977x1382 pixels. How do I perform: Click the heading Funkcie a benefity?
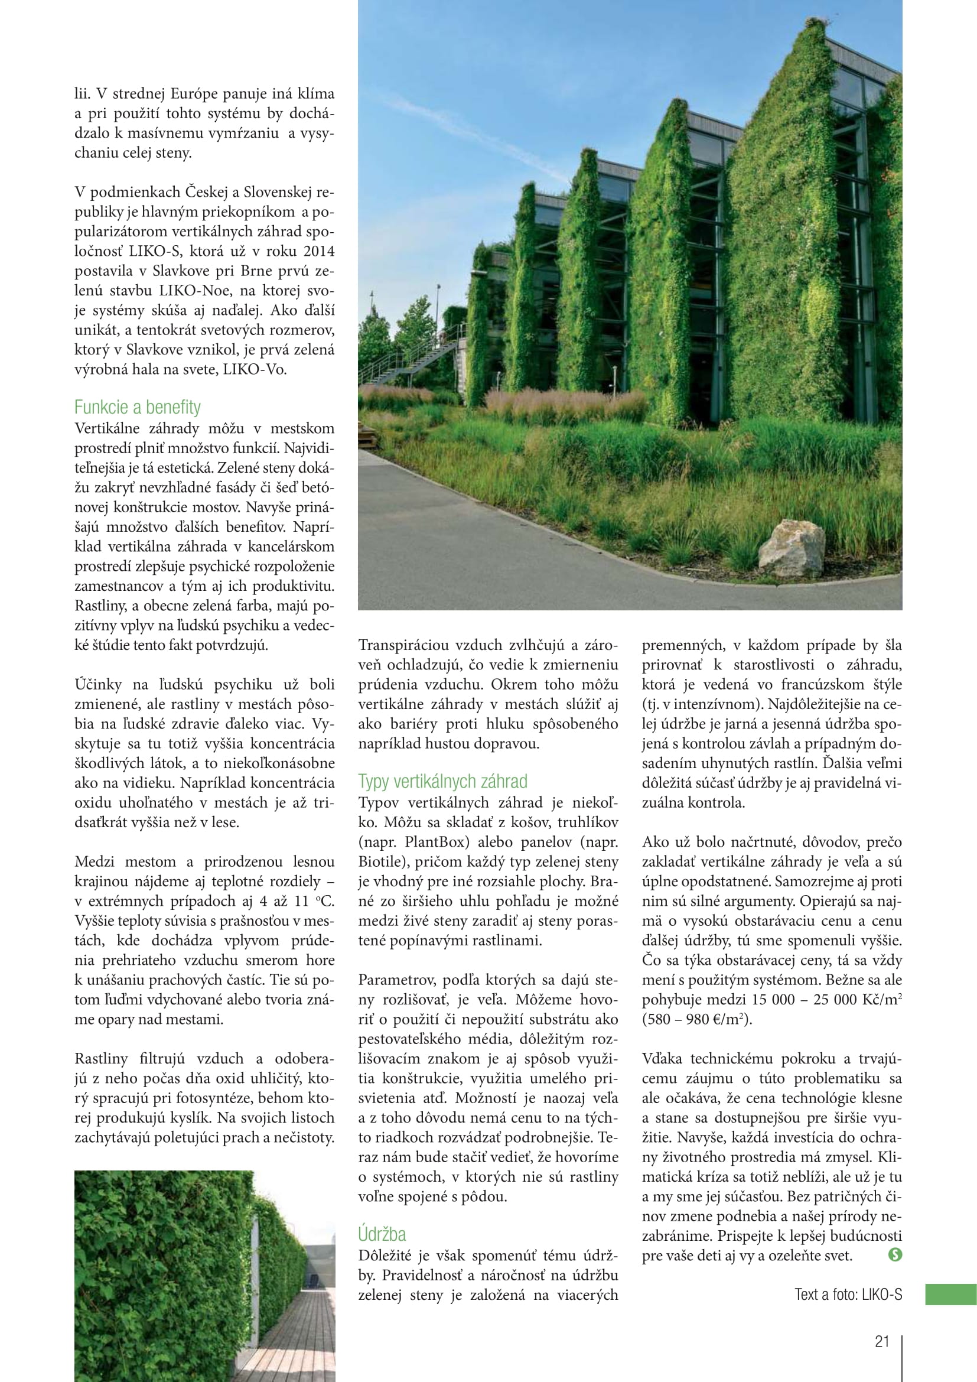pyautogui.click(x=137, y=408)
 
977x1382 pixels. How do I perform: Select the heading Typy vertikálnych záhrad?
pyautogui.click(x=443, y=781)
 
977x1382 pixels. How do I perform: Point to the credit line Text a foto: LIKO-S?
pyautogui.click(x=848, y=1294)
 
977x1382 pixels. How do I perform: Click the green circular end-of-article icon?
pyautogui.click(x=895, y=1254)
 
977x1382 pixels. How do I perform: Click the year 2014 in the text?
pyautogui.click(x=319, y=251)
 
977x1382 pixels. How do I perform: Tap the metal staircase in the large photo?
pyautogui.click(x=415, y=359)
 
